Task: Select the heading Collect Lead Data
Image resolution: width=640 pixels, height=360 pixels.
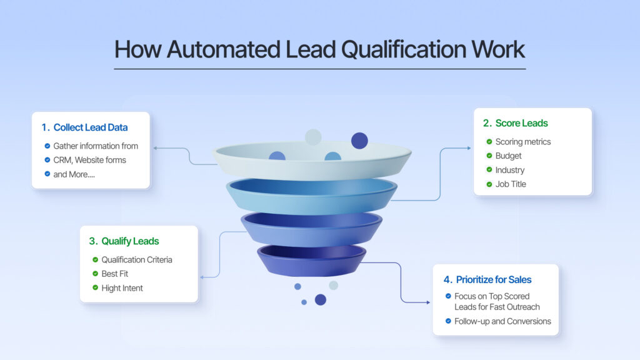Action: tap(90, 127)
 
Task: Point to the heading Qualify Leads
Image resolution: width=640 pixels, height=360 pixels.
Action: tap(130, 241)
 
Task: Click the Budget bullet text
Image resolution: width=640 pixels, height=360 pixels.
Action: tap(508, 156)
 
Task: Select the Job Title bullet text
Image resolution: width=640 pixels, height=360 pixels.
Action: tap(511, 184)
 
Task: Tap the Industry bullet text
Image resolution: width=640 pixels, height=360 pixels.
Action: tap(510, 170)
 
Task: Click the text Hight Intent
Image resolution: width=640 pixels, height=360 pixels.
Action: tap(122, 288)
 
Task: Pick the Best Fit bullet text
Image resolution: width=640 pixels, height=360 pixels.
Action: tap(116, 274)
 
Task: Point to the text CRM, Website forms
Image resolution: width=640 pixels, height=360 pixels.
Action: tap(89, 160)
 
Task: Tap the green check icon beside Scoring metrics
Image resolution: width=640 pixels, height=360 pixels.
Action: tap(489, 142)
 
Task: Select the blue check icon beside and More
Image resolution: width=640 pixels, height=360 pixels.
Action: tap(47, 174)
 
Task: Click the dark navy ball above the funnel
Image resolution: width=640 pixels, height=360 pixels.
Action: tap(359, 141)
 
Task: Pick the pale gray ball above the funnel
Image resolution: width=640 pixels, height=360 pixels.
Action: tap(313, 137)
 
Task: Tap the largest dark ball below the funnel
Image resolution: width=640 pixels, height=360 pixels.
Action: tap(321, 299)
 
